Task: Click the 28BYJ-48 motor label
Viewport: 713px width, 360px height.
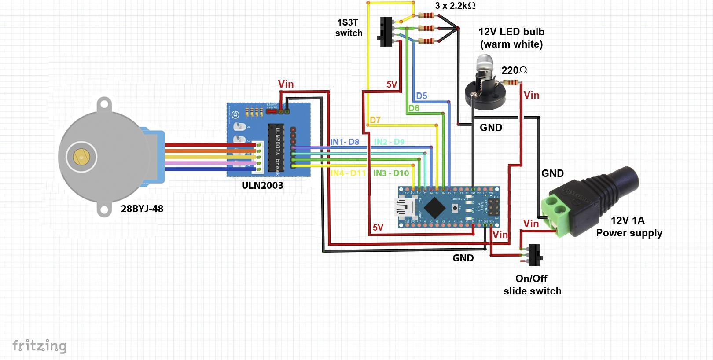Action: click(x=142, y=209)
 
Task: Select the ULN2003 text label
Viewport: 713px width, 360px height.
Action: click(x=262, y=185)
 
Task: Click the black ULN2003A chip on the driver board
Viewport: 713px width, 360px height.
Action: click(x=277, y=147)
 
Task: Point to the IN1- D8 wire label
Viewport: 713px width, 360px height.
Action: click(x=345, y=142)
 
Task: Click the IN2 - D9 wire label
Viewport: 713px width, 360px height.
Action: click(x=389, y=142)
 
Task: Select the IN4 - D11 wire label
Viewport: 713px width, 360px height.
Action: click(x=348, y=173)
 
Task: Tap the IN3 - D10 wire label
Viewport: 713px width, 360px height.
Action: click(x=391, y=173)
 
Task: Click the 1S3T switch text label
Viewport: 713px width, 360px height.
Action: click(x=349, y=28)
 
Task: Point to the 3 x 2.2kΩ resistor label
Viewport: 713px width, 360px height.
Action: click(x=455, y=6)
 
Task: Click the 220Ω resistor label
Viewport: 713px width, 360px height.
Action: click(x=514, y=70)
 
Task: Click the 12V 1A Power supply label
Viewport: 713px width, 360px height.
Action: click(x=628, y=227)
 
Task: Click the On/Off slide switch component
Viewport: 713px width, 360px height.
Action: click(x=534, y=255)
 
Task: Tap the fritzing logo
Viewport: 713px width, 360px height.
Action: click(x=39, y=346)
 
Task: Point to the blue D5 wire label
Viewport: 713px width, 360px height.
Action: click(x=421, y=96)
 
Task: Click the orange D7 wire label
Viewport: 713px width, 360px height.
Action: click(x=375, y=120)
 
